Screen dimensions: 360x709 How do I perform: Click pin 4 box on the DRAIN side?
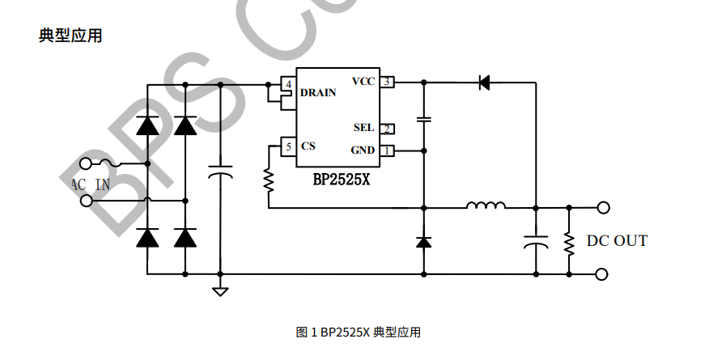pyautogui.click(x=288, y=84)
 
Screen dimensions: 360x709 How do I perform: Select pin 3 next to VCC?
pyautogui.click(x=388, y=82)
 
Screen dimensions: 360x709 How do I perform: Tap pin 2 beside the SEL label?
pyautogui.click(x=388, y=129)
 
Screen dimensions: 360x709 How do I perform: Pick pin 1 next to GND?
pyautogui.click(x=388, y=150)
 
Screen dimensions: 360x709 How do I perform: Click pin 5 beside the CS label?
pyautogui.click(x=288, y=146)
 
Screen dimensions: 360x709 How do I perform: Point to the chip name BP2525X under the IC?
pyautogui.click(x=341, y=180)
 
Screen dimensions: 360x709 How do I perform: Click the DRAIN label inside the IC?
pyautogui.click(x=318, y=92)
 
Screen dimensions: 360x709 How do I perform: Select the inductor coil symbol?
pyautogui.click(x=486, y=205)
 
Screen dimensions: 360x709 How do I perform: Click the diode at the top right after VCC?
pyautogui.click(x=485, y=82)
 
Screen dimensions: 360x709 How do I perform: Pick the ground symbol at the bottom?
pyautogui.click(x=219, y=290)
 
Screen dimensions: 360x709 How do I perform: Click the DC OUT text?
pyautogui.click(x=617, y=240)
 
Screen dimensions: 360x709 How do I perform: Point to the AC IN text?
pyautogui.click(x=91, y=184)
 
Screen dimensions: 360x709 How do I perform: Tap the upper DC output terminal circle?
pyautogui.click(x=602, y=208)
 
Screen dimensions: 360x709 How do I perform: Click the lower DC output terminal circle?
pyautogui.click(x=602, y=274)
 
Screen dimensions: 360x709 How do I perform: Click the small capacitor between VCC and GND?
pyautogui.click(x=423, y=120)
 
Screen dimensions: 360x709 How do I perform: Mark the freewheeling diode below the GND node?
pyautogui.click(x=423, y=241)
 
